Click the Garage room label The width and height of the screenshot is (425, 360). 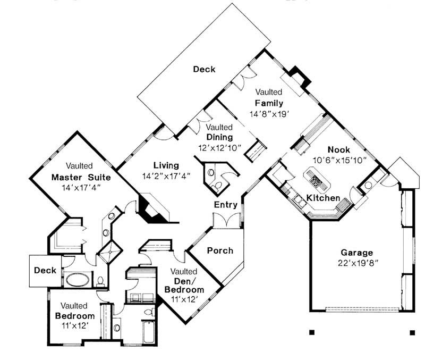(356, 253)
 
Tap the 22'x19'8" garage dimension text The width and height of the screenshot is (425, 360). (356, 263)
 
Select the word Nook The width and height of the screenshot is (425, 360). (338, 149)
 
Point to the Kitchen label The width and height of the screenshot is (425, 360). (323, 198)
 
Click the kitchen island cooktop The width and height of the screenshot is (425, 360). (316, 181)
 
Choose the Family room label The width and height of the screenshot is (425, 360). (268, 103)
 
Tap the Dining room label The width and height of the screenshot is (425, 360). (219, 137)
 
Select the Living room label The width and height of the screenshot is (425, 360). (166, 165)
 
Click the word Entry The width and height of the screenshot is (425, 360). (225, 205)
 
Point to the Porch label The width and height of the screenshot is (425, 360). (219, 250)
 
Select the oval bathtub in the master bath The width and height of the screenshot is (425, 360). (78, 279)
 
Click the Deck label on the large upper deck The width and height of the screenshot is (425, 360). (204, 69)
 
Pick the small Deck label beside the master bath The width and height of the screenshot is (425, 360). (45, 270)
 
